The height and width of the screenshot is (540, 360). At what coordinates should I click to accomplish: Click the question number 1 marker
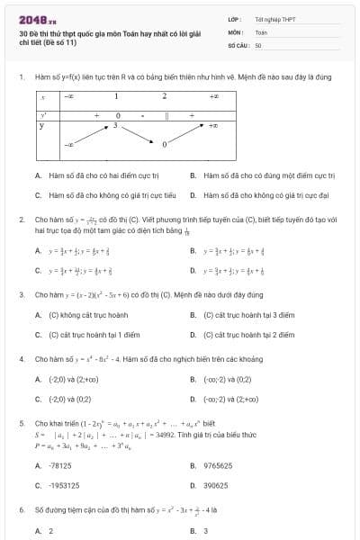point(21,77)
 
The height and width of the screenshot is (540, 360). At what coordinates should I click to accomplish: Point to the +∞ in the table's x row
point(214,95)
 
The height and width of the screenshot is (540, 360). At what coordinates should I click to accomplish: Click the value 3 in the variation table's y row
point(115,126)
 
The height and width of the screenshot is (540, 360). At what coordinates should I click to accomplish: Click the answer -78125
point(60,465)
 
